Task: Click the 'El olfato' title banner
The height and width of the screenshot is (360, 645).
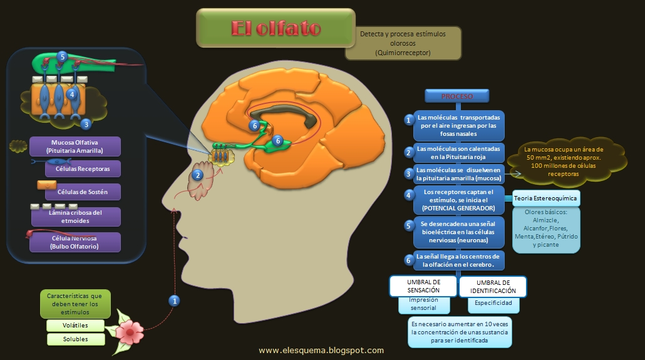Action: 276,29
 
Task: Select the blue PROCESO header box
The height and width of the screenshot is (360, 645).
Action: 457,96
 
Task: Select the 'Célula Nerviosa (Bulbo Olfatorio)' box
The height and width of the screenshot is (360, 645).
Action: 75,242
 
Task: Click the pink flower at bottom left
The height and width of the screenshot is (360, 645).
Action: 131,329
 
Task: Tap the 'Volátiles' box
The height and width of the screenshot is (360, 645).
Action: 75,326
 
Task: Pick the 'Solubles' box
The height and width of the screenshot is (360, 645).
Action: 75,339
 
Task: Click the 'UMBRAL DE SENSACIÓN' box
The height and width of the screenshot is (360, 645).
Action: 423,286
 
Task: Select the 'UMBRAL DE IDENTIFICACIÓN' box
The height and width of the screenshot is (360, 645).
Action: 492,287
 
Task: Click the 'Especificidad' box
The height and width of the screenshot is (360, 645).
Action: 493,303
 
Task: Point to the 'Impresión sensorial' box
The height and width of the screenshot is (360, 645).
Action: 423,304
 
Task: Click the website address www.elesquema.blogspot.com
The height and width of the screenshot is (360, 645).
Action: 321,351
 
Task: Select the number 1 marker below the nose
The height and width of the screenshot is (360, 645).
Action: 175,301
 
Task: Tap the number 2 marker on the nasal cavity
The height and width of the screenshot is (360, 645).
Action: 198,175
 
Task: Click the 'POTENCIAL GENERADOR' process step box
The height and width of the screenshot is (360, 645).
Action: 458,200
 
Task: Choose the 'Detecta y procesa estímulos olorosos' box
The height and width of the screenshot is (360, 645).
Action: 403,43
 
